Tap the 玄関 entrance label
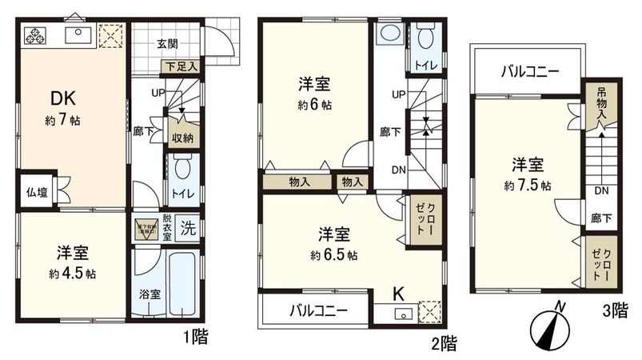(x=167, y=43)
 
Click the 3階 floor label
(x=614, y=312)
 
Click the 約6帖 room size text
(x=314, y=103)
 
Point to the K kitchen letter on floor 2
(x=397, y=294)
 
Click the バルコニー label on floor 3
(x=530, y=71)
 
